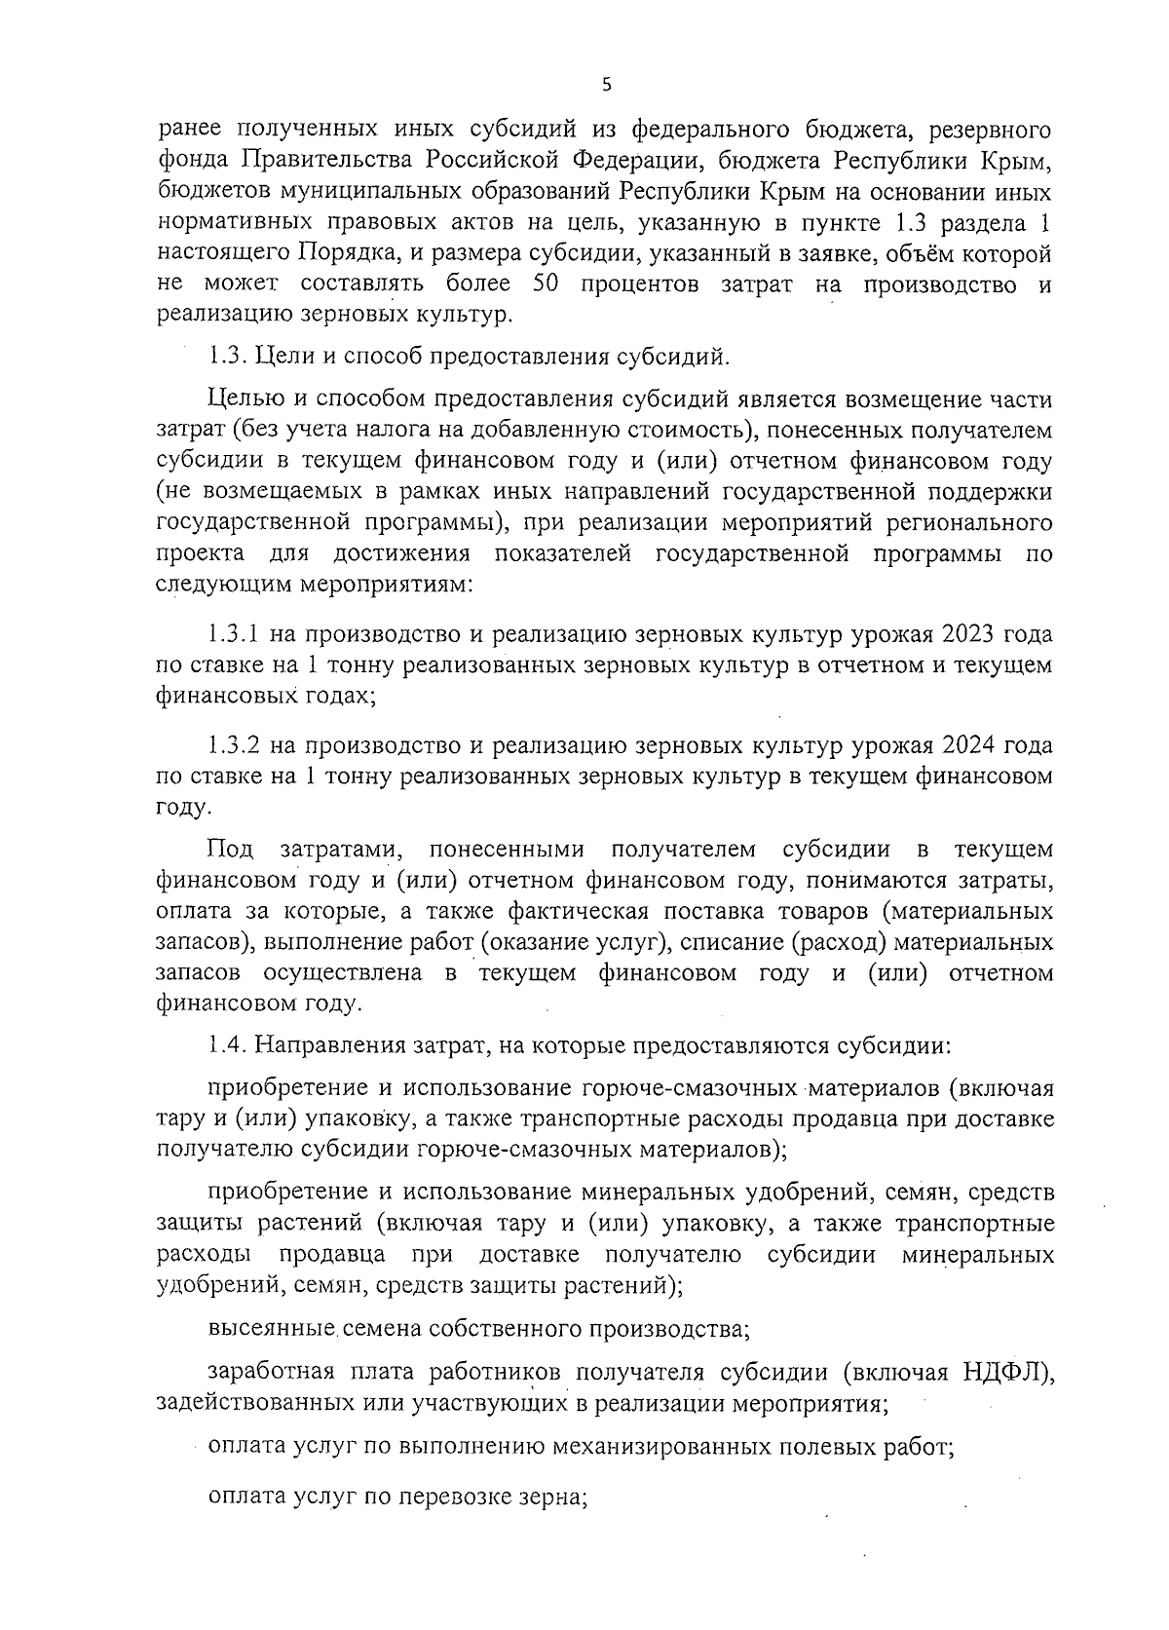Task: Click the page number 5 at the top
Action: [606, 85]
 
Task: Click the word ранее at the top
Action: [189, 129]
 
